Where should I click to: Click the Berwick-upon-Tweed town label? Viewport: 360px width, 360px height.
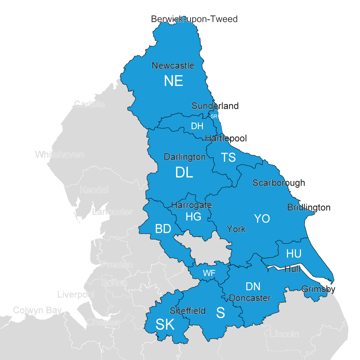pyautogui.click(x=194, y=19)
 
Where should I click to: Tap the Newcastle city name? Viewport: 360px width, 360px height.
pyautogui.click(x=173, y=66)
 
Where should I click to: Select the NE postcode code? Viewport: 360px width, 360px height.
pyautogui.click(x=174, y=81)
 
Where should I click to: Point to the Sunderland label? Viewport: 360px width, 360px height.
pyautogui.click(x=215, y=106)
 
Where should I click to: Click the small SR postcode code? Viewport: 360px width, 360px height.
pyautogui.click(x=214, y=116)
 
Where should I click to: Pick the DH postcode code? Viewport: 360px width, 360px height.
pyautogui.click(x=197, y=126)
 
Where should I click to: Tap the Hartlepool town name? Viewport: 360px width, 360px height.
pyautogui.click(x=226, y=138)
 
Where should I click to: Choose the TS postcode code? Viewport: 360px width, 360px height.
pyautogui.click(x=228, y=157)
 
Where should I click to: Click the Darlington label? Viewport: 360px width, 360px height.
pyautogui.click(x=185, y=157)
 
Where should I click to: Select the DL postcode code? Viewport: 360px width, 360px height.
pyautogui.click(x=184, y=173)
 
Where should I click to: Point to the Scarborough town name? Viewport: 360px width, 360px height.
pyautogui.click(x=279, y=183)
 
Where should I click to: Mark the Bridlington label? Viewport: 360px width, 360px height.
pyautogui.click(x=309, y=207)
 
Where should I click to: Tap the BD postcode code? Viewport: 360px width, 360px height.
pyautogui.click(x=163, y=229)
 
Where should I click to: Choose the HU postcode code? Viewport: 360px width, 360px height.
pyautogui.click(x=294, y=254)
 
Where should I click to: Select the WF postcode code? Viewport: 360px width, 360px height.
pyautogui.click(x=209, y=273)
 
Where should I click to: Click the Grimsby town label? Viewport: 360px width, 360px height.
pyautogui.click(x=318, y=289)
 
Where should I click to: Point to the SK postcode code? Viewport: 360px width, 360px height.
pyautogui.click(x=165, y=325)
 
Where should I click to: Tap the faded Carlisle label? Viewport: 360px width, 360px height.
pyautogui.click(x=89, y=104)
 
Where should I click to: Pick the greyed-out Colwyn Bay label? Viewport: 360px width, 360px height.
pyautogui.click(x=37, y=310)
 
